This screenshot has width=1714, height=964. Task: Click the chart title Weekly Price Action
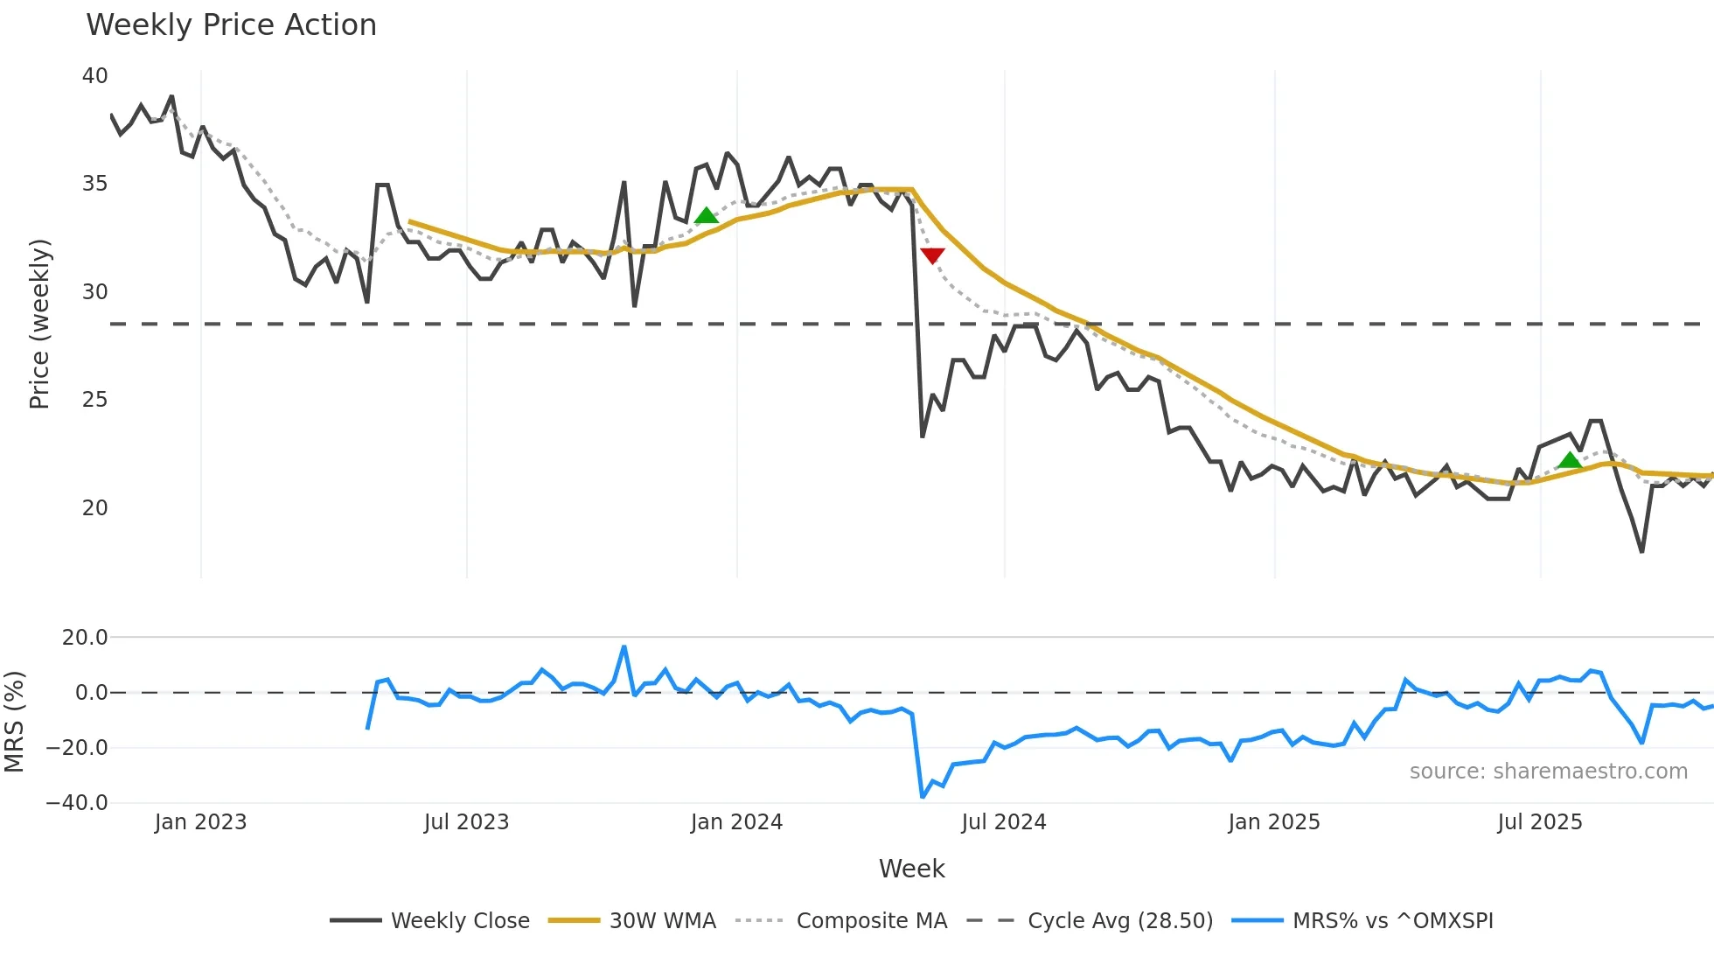tap(231, 25)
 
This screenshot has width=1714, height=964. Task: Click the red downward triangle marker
tap(932, 255)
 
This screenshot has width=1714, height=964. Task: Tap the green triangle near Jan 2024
tap(706, 215)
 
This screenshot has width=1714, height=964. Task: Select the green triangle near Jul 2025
tap(1570, 460)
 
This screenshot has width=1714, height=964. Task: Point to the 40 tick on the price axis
tap(95, 76)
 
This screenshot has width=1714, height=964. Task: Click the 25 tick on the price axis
tap(95, 400)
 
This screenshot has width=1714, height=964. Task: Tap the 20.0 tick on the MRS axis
tap(85, 638)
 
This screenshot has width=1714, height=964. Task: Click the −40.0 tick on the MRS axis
tap(78, 803)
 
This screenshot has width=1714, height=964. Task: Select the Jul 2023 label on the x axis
tap(466, 822)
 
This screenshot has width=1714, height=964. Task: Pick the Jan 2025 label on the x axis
tap(1273, 822)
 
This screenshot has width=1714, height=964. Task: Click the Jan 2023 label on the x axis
tap(200, 822)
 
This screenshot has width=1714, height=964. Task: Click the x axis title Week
tap(911, 869)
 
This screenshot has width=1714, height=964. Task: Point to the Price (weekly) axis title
tap(40, 324)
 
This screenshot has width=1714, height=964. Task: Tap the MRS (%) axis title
tap(15, 722)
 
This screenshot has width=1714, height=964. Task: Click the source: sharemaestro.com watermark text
tap(1548, 772)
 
